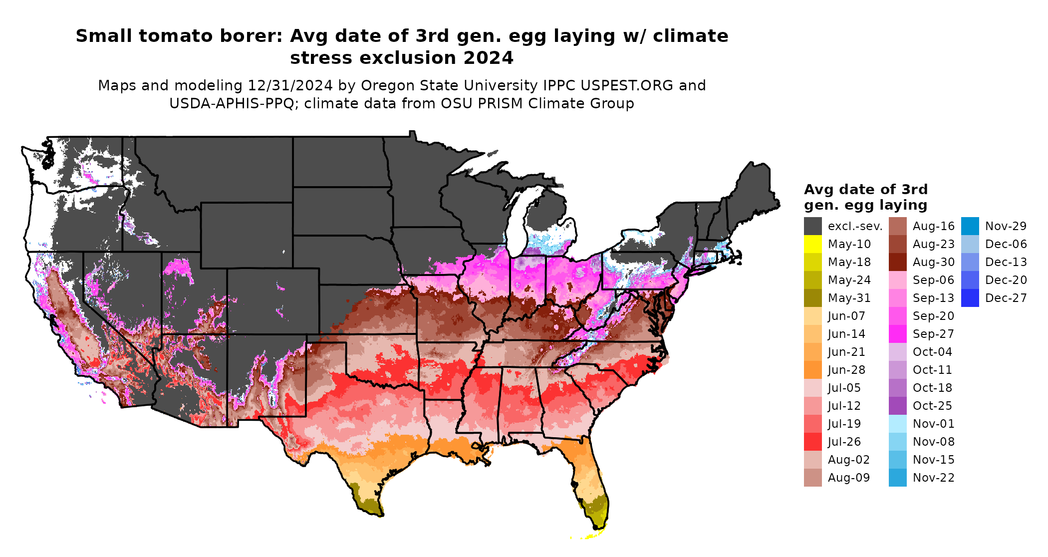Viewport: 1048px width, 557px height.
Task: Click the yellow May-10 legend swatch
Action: pos(812,244)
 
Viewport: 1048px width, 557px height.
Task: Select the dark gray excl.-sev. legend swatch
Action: pos(812,226)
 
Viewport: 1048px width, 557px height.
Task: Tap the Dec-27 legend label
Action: pos(1006,298)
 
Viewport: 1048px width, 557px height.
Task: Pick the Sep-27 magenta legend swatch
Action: pos(897,334)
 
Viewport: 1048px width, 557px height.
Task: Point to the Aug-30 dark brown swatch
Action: pos(897,262)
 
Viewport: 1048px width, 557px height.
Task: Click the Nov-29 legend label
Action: pos(1006,226)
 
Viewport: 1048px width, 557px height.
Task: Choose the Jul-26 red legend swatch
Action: pos(812,442)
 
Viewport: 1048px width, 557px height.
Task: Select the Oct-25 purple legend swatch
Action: pos(897,406)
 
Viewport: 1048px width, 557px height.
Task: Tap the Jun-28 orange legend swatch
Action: pos(812,370)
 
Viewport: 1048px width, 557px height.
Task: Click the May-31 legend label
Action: pos(849,298)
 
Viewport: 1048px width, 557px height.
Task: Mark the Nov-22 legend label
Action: pos(933,478)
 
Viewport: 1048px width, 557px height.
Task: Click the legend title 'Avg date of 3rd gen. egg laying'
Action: pos(865,197)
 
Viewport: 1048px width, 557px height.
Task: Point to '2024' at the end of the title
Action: pos(488,58)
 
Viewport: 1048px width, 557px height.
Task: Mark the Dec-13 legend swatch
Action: pos(970,262)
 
